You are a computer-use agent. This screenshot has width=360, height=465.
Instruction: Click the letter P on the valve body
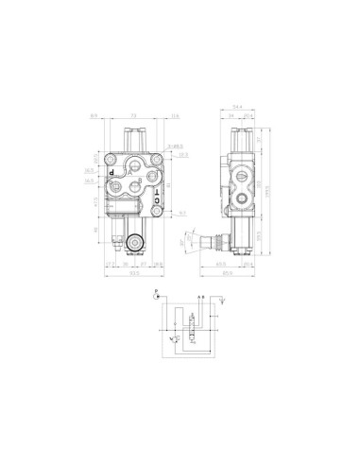pos(111,173)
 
